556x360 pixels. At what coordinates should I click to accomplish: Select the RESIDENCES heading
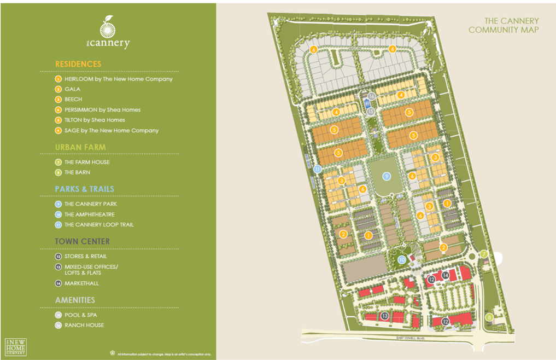(78, 64)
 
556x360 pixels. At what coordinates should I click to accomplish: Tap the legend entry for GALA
(72, 89)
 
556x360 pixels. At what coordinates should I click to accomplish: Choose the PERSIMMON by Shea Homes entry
(102, 110)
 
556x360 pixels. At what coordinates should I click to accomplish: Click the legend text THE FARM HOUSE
(87, 162)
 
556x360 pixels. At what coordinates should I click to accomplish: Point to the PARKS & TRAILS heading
(84, 189)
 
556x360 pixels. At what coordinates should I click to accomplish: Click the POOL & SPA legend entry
(81, 315)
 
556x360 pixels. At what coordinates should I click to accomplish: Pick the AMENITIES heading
(75, 300)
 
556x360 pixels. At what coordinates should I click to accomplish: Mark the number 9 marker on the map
(387, 176)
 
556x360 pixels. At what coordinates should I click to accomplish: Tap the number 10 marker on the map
(402, 259)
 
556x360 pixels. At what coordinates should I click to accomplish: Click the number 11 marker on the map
(318, 170)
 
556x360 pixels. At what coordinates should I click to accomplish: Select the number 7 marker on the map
(484, 254)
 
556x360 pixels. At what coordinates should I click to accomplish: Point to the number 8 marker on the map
(490, 317)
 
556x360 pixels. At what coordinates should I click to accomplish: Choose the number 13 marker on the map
(385, 316)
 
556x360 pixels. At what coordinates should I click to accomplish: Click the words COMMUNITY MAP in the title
(503, 30)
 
